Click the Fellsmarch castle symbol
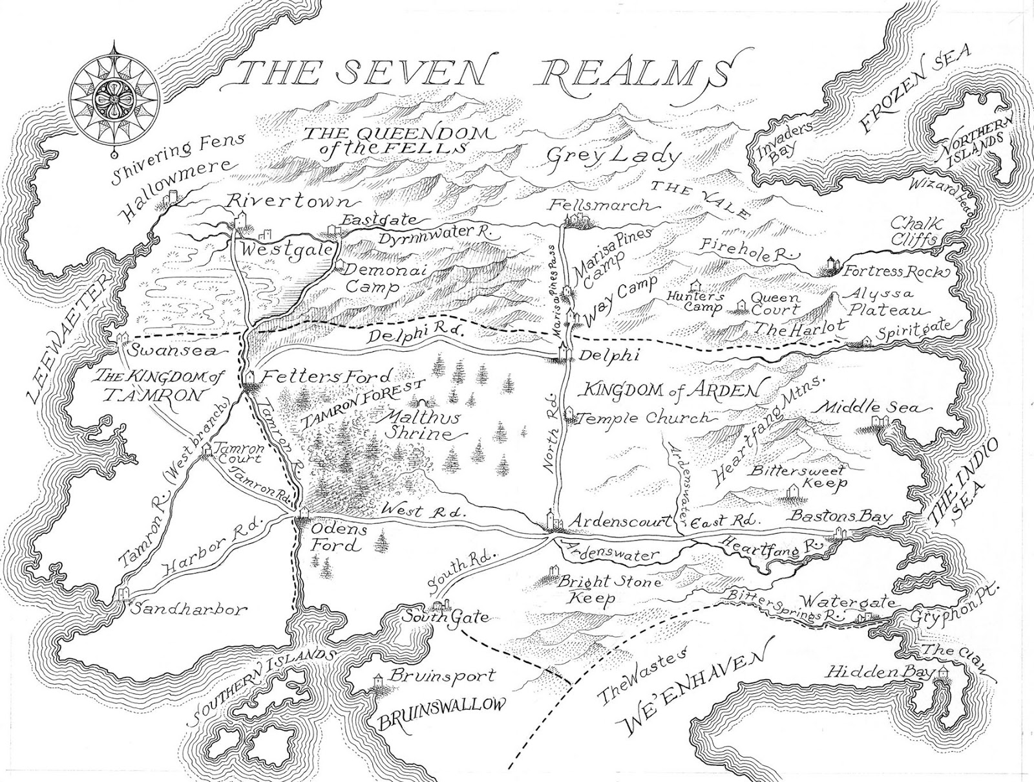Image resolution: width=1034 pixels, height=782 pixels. pyautogui.click(x=574, y=221)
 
